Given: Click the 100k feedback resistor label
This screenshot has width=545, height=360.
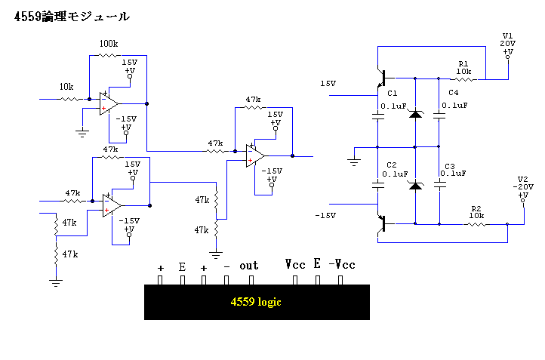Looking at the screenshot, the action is [109, 44].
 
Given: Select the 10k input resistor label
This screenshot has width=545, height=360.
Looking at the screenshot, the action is [66, 87].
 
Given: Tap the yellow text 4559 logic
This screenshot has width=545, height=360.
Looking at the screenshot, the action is [256, 302].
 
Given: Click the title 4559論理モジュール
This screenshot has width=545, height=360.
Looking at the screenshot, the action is [72, 17].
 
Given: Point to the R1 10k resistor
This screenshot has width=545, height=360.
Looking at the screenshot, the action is [463, 79].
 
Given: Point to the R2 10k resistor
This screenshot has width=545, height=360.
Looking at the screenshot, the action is [476, 224].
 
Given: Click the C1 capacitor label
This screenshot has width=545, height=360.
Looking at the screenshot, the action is [393, 93].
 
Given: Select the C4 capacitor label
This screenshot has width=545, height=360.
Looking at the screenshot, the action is [454, 92].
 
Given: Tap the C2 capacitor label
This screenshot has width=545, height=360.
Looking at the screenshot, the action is [392, 165].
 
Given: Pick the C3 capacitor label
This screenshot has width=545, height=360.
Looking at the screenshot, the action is [450, 166].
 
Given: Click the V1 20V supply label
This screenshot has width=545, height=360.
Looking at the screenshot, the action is [508, 39].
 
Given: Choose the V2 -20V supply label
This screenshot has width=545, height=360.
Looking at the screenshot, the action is [523, 183].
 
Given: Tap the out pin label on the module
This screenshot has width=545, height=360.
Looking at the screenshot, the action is [249, 266].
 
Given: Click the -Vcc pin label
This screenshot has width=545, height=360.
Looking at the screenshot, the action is [342, 265].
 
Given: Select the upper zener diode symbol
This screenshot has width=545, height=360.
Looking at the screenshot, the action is [415, 114].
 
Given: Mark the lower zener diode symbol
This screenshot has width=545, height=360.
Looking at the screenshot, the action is [415, 186].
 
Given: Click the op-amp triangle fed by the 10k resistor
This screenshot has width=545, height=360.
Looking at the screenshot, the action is [109, 103].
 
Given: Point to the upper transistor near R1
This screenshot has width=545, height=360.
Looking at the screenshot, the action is [382, 78].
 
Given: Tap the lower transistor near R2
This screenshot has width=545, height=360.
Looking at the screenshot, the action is [382, 224].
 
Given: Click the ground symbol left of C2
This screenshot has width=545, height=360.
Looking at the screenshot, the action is [354, 162].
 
